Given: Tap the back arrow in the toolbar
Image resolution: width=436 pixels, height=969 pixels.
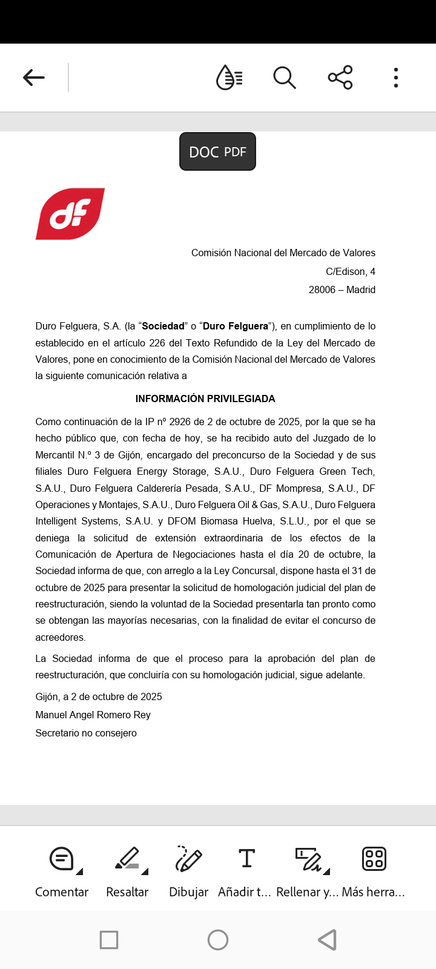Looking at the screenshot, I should click(34, 78).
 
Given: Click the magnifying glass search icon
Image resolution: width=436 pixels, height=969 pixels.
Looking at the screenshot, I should click(284, 78).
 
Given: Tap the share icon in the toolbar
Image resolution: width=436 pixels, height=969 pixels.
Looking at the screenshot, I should click(340, 78).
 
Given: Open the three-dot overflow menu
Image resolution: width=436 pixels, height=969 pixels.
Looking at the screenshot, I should click(396, 78).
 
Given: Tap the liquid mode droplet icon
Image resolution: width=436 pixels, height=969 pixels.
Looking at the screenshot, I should click(229, 78).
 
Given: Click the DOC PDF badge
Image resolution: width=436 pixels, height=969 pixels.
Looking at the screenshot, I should click(217, 151).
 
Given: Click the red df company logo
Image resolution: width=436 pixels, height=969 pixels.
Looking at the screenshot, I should click(70, 214).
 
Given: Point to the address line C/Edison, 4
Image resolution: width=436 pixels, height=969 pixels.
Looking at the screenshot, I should click(350, 271).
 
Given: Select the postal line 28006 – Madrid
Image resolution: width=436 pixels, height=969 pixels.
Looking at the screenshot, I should click(342, 289).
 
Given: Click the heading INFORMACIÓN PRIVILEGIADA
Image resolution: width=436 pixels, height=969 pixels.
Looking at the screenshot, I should click(205, 399).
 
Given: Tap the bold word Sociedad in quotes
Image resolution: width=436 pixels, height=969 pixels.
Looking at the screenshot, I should click(163, 326).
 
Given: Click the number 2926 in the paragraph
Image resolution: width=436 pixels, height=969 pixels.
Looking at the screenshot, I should click(180, 422).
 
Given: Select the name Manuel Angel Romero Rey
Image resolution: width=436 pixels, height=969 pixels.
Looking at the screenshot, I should click(93, 715).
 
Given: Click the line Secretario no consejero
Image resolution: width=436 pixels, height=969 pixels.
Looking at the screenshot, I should click(86, 733).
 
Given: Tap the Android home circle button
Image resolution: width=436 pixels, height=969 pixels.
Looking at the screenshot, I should click(218, 940).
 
